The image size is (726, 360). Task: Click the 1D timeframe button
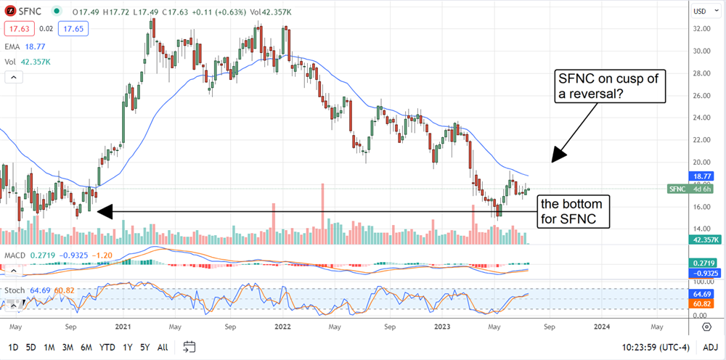pos(13,347)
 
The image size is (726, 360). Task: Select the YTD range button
pos(107,347)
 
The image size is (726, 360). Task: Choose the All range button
pos(163,347)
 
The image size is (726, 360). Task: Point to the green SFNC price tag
pos(687,189)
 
